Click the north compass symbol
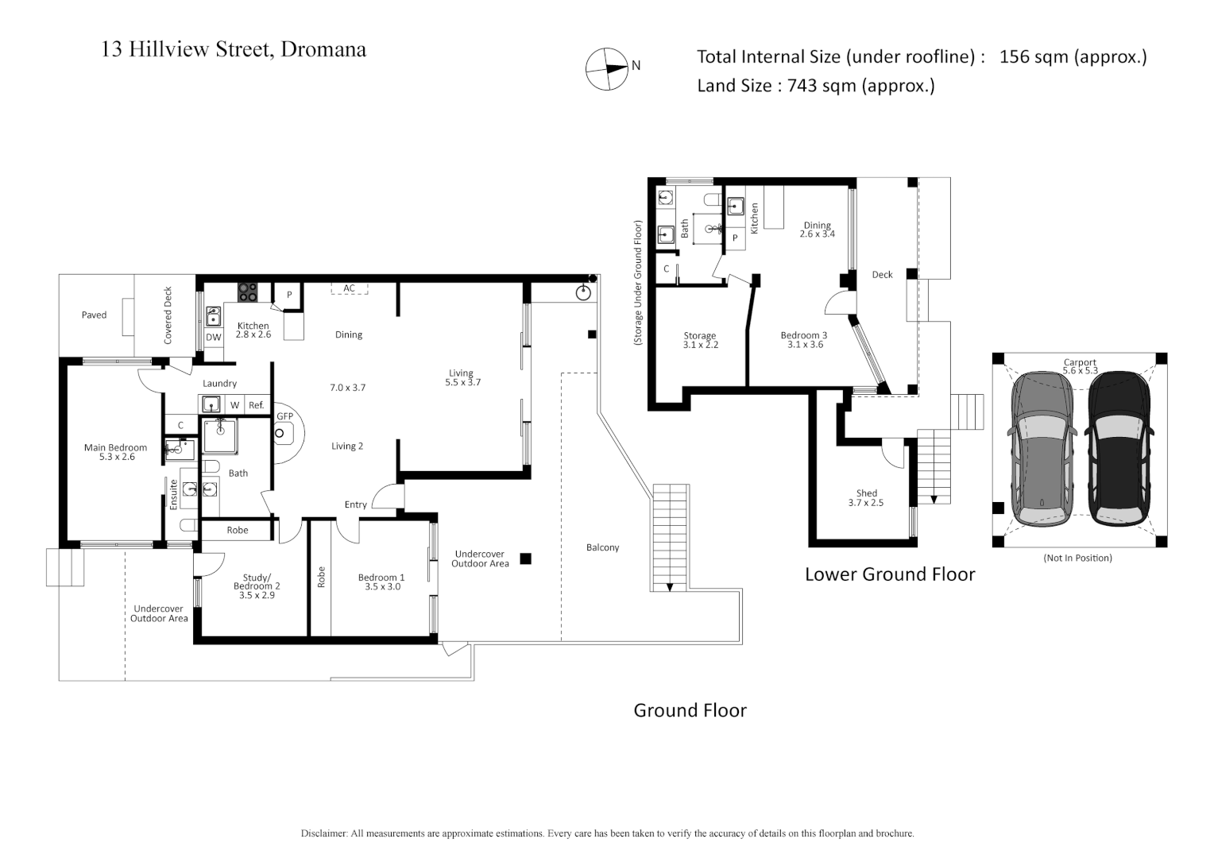pos(606,69)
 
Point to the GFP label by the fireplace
pos(284,416)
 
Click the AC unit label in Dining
pos(349,288)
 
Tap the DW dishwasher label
pos(214,338)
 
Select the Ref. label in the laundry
pos(256,405)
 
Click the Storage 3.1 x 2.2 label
pos(700,341)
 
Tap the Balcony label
pos(602,547)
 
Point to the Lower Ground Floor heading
pos(890,574)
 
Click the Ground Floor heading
pos(690,710)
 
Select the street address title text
pos(234,49)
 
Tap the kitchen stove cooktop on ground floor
pos(248,292)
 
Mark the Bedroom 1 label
pos(381,582)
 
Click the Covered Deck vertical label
pos(168,315)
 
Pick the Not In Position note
pos(1077,558)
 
